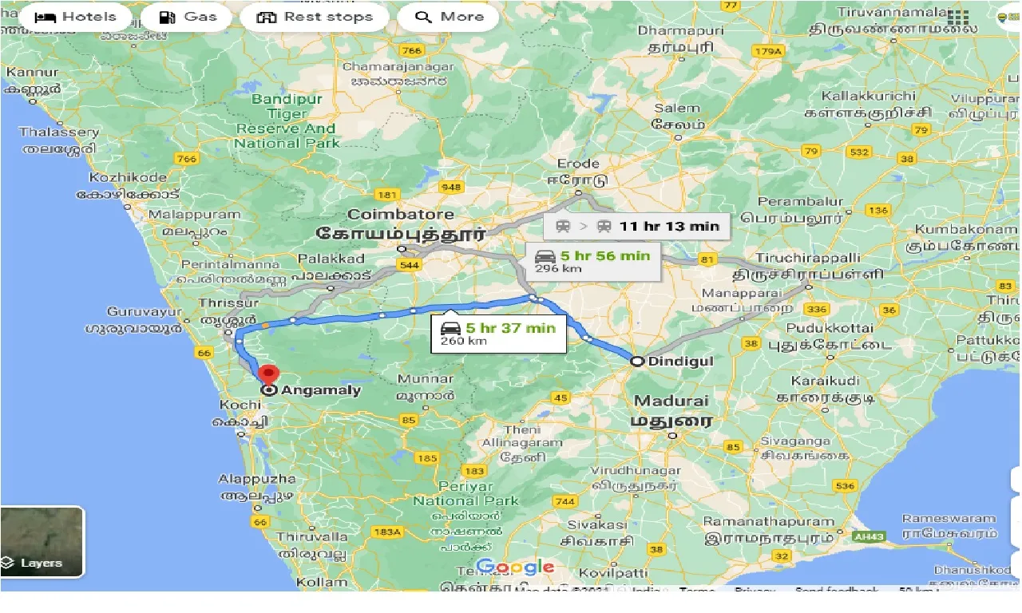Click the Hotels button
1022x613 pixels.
[x=76, y=17]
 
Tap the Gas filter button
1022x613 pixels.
[x=188, y=17]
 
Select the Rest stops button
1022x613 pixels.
[x=315, y=17]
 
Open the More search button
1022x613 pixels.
[x=448, y=17]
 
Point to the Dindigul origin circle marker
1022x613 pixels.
[x=637, y=361]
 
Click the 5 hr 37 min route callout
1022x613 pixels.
[x=499, y=334]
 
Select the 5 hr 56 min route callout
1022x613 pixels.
[x=593, y=261]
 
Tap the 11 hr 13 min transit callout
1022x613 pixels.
[x=636, y=226]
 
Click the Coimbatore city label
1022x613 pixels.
[x=401, y=215]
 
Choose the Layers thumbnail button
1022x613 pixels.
[x=42, y=541]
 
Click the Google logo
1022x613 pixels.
[x=515, y=568]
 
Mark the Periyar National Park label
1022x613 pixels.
[x=465, y=493]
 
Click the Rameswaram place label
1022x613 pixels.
[x=949, y=519]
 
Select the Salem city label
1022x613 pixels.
[x=677, y=109]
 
